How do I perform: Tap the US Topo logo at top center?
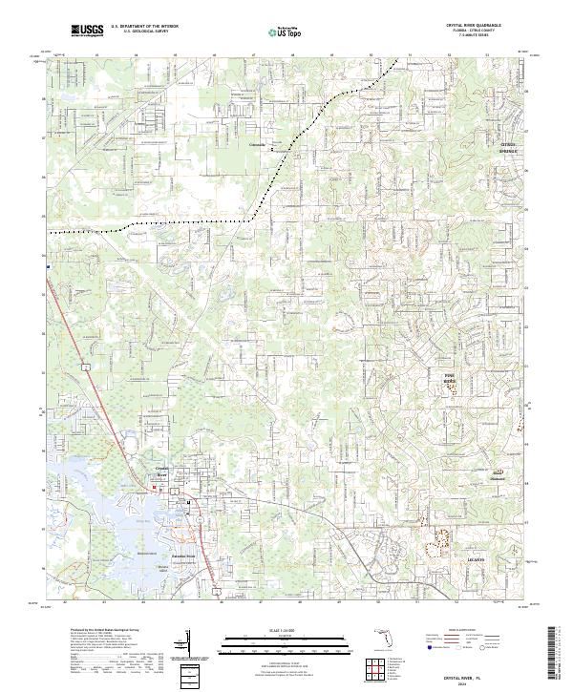[x=286, y=31]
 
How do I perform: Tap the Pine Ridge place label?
[x=451, y=380]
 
